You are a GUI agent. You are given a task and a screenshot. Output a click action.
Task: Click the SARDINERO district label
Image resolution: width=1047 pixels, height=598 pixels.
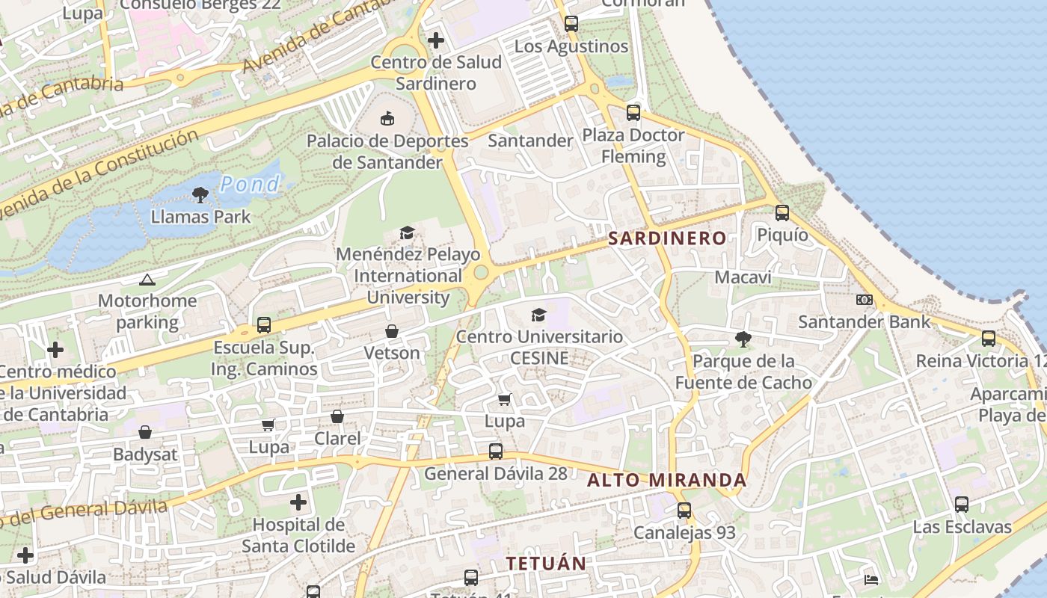[666, 238]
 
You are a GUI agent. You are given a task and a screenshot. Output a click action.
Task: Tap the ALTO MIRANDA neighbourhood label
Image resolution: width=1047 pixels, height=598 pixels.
[666, 480]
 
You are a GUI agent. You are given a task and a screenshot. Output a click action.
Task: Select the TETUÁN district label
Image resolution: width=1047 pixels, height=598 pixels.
[546, 564]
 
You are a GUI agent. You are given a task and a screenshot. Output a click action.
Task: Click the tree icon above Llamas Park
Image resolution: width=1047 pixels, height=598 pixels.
[200, 196]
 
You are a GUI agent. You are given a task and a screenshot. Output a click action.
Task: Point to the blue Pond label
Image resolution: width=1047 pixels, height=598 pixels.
[250, 184]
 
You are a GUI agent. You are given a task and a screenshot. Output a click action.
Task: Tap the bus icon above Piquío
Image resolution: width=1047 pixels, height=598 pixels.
[782, 213]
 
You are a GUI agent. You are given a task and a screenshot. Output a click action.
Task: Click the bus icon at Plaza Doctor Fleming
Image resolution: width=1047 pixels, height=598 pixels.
[633, 113]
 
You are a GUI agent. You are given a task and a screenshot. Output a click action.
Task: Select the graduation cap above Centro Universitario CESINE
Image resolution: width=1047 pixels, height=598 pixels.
[538, 315]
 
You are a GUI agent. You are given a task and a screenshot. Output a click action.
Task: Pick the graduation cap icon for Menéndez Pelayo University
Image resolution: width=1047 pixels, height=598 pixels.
[407, 233]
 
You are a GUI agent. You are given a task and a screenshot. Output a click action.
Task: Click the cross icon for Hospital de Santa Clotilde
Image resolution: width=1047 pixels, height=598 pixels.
[298, 502]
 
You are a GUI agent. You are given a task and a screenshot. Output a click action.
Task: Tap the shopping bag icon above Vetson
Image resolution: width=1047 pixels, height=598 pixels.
[392, 330]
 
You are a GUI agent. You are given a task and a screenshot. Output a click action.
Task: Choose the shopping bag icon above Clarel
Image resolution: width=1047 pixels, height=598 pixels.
[337, 416]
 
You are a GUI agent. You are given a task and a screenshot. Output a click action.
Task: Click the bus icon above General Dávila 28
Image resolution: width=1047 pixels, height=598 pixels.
[496, 451]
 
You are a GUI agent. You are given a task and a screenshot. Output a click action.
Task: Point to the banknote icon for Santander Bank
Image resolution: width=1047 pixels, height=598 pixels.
[865, 300]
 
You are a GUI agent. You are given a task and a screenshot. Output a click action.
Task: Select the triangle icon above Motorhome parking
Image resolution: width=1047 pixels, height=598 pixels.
[147, 280]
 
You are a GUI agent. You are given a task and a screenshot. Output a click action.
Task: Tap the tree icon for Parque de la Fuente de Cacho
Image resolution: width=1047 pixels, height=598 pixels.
[743, 339]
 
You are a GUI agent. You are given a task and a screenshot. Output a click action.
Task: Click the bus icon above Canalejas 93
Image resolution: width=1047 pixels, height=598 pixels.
[684, 511]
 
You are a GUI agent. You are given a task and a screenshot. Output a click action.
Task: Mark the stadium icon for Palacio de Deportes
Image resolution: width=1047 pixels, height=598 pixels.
[387, 118]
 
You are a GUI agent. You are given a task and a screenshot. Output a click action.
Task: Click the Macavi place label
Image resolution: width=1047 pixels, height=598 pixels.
[743, 277]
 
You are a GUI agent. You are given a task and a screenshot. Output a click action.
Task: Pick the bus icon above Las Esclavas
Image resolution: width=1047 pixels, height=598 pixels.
[962, 505]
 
